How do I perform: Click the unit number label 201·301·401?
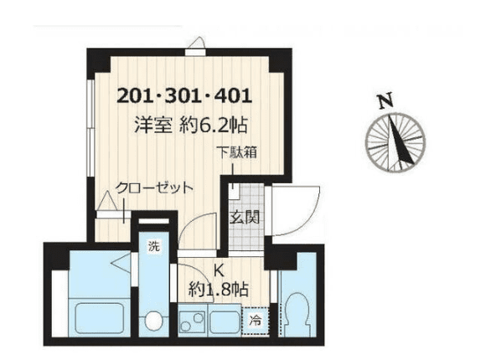point(183,95)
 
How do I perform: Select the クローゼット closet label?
point(154,188)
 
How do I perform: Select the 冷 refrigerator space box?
point(254,319)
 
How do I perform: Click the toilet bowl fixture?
point(295,316)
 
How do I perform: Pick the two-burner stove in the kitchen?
point(193,320)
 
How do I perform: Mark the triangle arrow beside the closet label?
point(106,202)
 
